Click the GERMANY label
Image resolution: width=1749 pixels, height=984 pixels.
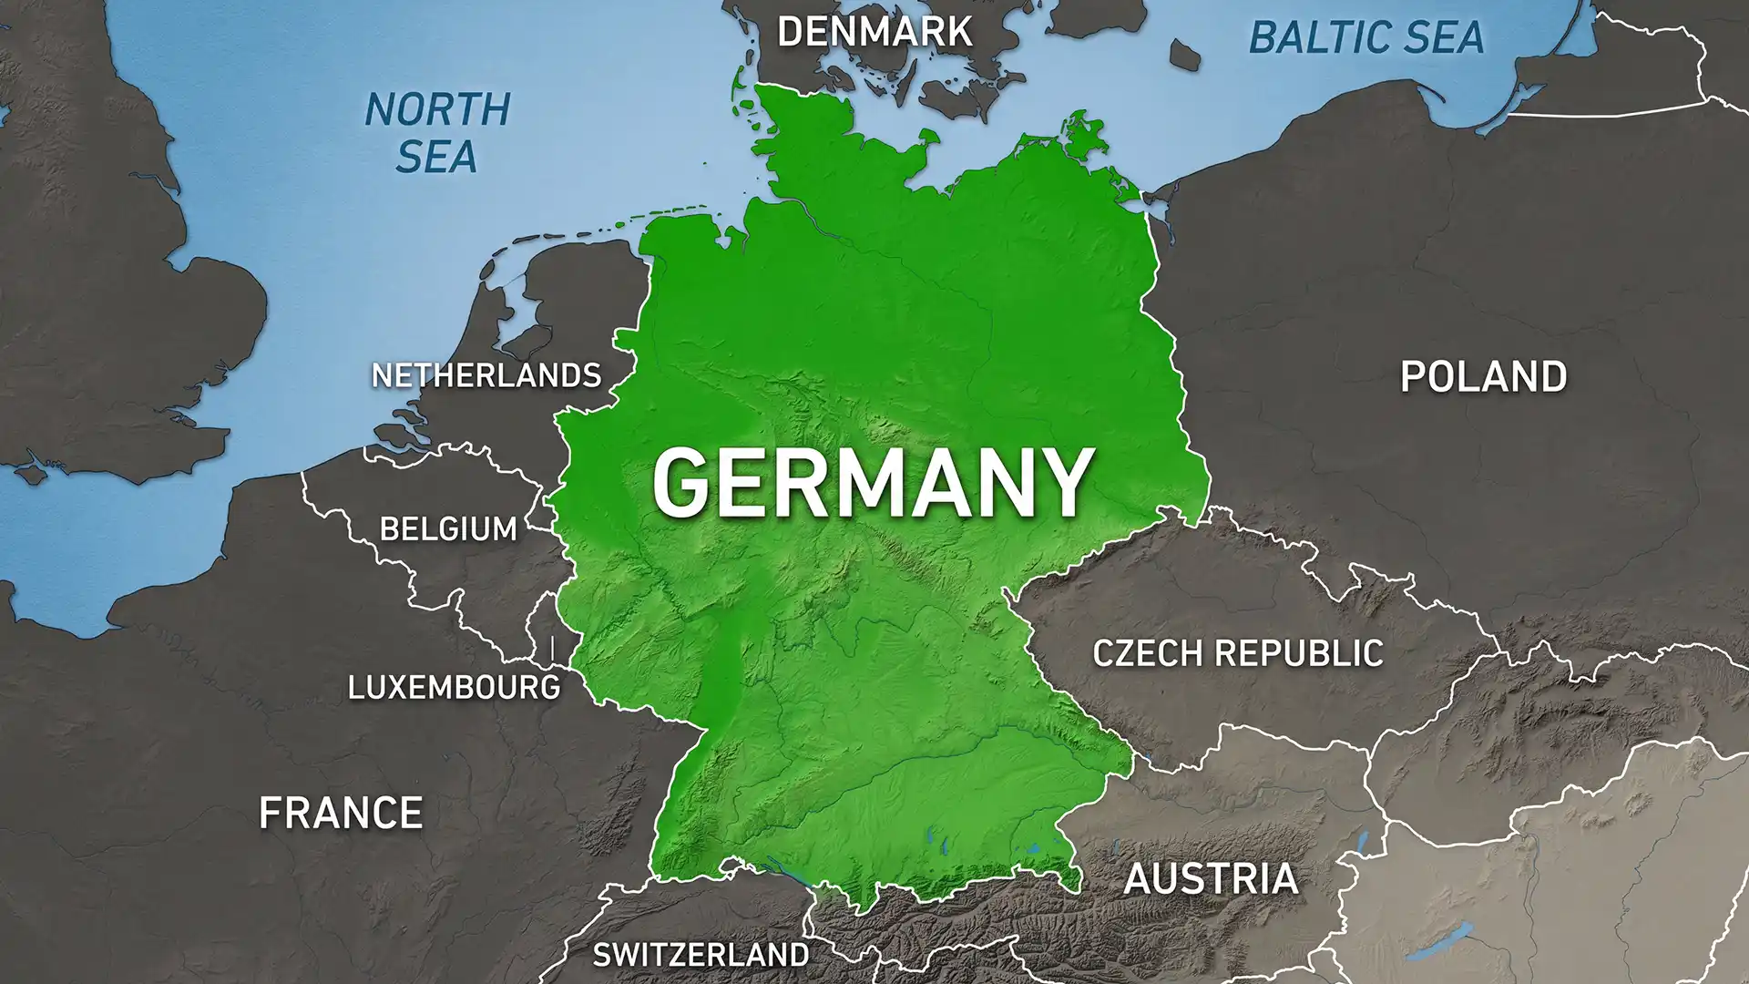tap(872, 483)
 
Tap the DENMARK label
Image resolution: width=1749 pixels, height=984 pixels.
tap(874, 33)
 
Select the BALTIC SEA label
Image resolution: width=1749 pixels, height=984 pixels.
tap(1365, 38)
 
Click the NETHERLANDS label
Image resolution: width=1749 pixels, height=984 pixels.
tap(486, 375)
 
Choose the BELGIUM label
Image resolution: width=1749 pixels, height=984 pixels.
tap(448, 529)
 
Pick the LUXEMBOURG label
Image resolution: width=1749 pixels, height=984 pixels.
tap(454, 687)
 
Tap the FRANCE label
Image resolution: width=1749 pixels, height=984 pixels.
tap(341, 813)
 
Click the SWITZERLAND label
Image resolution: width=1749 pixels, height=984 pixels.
tap(701, 955)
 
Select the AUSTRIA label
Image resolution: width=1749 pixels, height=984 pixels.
tap(1211, 878)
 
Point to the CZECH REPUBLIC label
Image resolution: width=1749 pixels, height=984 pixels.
tap(1237, 653)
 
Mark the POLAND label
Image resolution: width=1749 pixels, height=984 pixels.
tap(1483, 377)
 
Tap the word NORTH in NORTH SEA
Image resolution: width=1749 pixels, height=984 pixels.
tap(437, 110)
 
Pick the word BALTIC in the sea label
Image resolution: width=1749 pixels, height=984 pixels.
tap(1305, 38)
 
